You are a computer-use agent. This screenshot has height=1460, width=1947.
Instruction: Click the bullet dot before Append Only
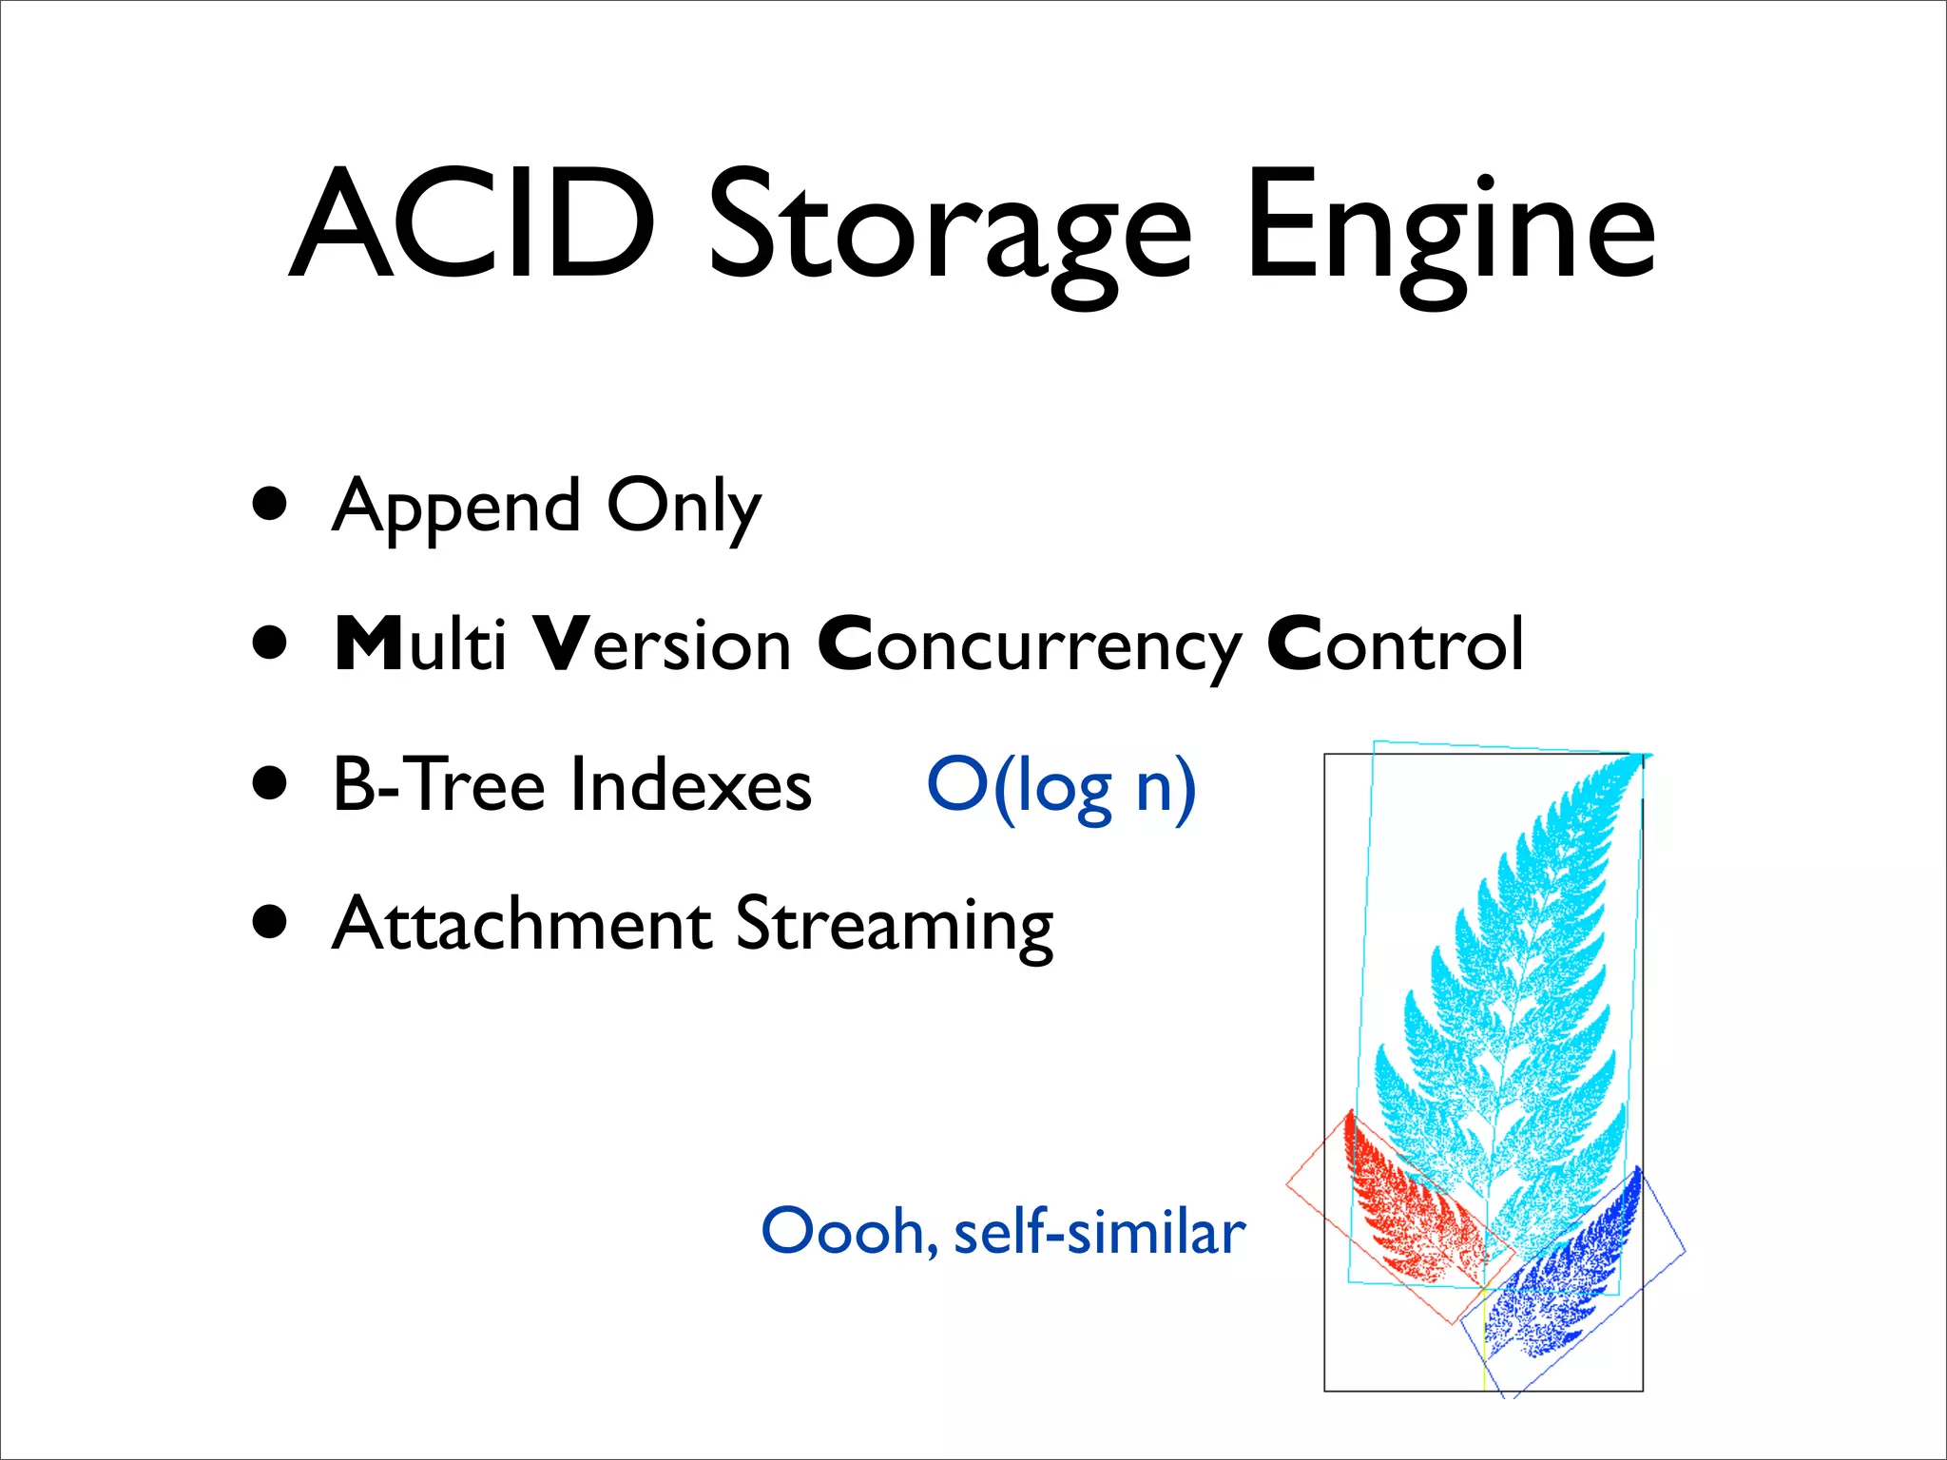[271, 505]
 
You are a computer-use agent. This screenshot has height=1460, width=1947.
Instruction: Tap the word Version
[662, 644]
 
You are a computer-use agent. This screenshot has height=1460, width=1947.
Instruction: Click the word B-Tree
[438, 784]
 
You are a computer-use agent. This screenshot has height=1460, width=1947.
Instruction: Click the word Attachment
[522, 924]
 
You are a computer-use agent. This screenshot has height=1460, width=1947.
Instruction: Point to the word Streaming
[895, 926]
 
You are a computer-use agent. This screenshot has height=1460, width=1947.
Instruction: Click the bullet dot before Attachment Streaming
[271, 921]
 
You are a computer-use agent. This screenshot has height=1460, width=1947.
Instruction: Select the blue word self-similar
[1099, 1232]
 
